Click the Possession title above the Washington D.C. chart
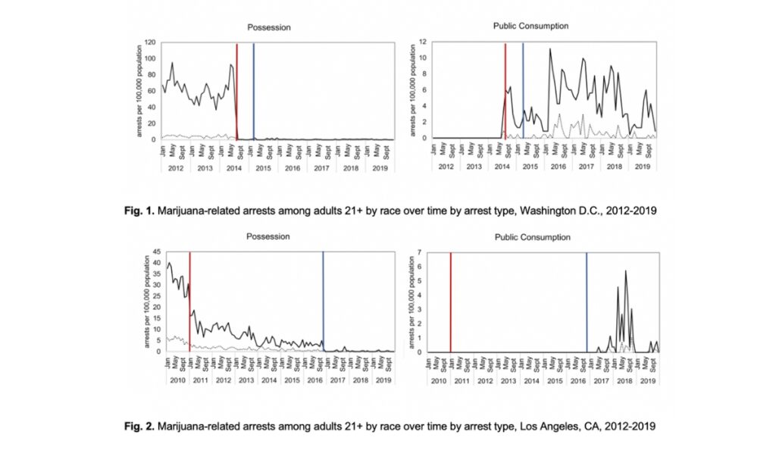(268, 27)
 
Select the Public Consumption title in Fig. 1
(530, 26)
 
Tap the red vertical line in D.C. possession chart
(236, 91)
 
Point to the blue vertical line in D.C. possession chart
(253, 91)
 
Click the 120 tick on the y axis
(151, 42)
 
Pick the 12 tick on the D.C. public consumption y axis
(426, 42)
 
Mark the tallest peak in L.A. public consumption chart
(626, 271)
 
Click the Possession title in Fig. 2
(268, 236)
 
